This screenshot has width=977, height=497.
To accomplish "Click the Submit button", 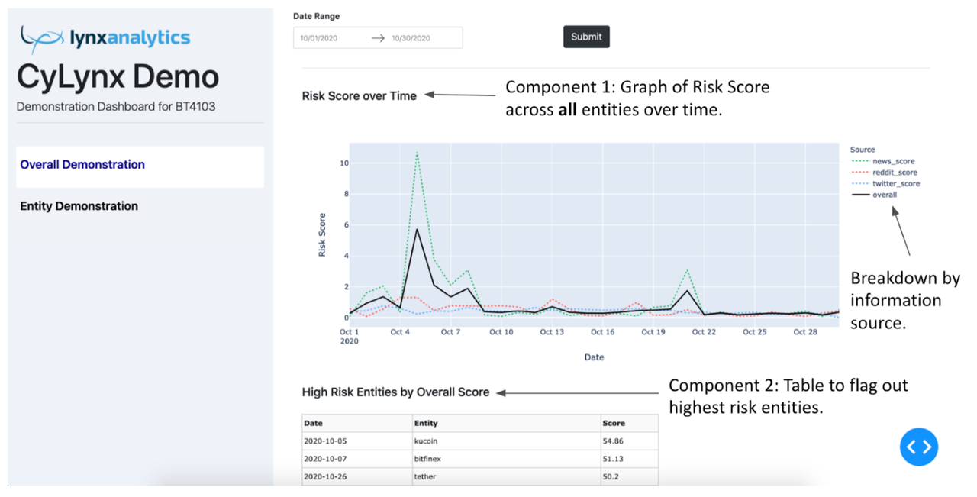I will [x=586, y=37].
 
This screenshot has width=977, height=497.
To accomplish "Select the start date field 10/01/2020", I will [x=319, y=38].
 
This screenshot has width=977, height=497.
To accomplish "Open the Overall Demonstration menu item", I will [x=82, y=165].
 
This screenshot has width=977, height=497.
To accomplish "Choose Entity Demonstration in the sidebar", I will [x=79, y=206].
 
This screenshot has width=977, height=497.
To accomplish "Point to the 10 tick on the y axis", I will [x=344, y=163].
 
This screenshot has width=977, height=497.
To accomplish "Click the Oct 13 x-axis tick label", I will [x=552, y=332].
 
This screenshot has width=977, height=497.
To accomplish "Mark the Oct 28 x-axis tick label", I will [x=805, y=332].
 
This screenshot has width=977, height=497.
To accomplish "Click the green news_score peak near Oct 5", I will [x=417, y=153].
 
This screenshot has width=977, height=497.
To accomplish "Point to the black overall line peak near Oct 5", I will [x=417, y=229].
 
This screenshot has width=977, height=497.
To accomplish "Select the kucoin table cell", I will [x=426, y=441].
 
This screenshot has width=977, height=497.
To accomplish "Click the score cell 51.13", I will [x=614, y=460].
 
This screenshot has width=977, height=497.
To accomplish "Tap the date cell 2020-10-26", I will [x=324, y=477].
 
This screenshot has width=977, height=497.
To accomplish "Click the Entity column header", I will [x=426, y=423].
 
